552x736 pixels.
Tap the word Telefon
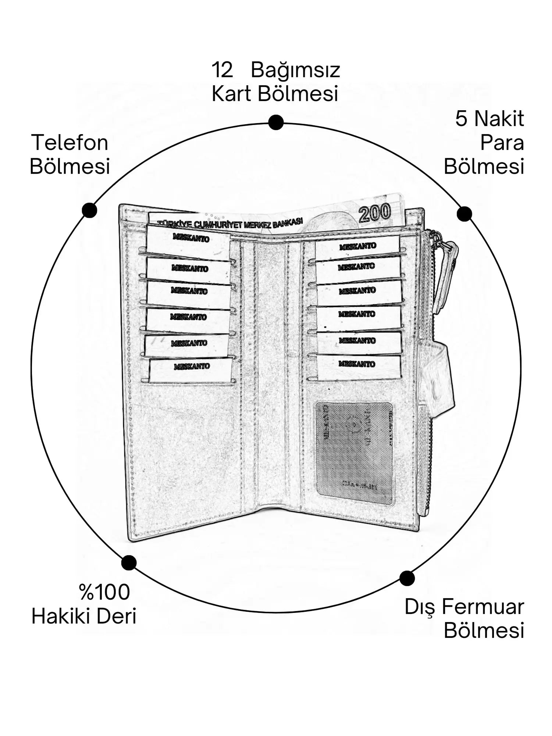pyautogui.click(x=70, y=143)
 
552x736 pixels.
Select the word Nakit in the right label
pyautogui.click(x=499, y=119)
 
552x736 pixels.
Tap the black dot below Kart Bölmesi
pyautogui.click(x=275, y=122)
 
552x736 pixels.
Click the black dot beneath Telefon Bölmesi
pyautogui.click(x=89, y=210)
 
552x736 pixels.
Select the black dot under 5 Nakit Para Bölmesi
pyautogui.click(x=464, y=214)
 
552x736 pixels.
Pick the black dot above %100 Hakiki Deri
pyautogui.click(x=129, y=562)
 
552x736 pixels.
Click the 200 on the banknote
pyautogui.click(x=374, y=213)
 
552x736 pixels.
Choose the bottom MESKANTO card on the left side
pyautogui.click(x=191, y=369)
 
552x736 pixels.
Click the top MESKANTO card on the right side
pyautogui.click(x=357, y=246)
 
